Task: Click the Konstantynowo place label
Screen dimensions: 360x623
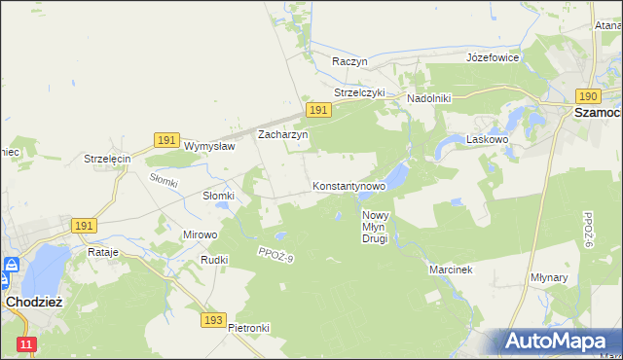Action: click(348, 185)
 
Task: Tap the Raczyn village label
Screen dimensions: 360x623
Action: click(349, 60)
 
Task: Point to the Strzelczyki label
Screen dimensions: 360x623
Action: click(359, 93)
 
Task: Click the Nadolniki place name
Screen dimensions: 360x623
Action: click(428, 99)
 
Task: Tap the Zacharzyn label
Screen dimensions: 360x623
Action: click(282, 135)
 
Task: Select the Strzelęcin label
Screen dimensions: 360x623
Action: click(107, 159)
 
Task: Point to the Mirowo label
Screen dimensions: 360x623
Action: click(201, 234)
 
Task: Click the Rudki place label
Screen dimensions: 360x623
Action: click(214, 260)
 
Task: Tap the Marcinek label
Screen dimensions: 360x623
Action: click(450, 270)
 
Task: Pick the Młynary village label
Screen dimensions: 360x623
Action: click(576, 276)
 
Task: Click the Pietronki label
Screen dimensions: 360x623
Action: click(248, 328)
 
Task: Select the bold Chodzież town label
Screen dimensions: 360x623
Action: click(34, 302)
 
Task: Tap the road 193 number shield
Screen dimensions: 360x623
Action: click(215, 319)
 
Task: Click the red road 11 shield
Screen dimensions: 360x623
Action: click(26, 344)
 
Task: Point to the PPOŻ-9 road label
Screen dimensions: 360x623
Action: click(275, 255)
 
